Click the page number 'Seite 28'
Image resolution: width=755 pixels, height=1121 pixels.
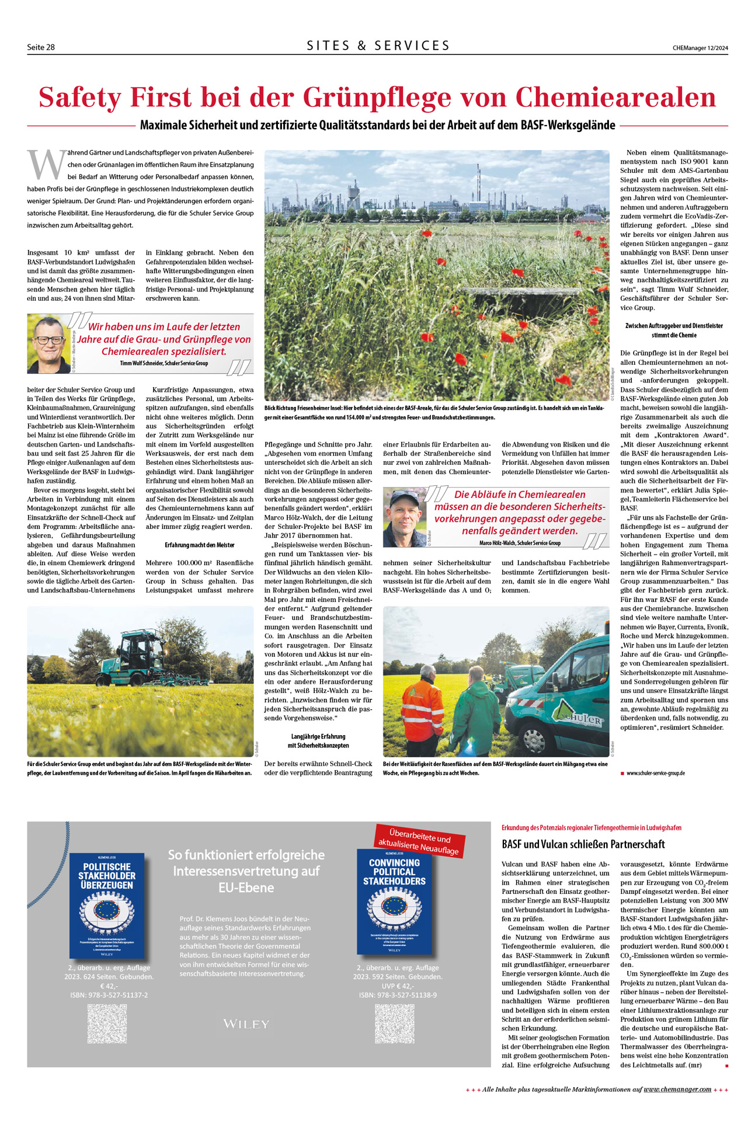click(41, 47)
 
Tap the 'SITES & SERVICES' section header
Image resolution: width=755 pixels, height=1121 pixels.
click(378, 46)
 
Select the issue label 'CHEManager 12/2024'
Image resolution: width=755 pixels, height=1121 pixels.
click(700, 48)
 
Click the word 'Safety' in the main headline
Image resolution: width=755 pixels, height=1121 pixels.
click(79, 97)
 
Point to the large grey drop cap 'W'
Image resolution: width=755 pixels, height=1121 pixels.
click(46, 165)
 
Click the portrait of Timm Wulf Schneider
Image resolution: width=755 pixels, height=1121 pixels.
click(48, 344)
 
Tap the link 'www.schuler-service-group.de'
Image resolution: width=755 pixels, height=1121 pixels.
click(655, 773)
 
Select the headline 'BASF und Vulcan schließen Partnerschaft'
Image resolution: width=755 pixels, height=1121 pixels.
click(583, 844)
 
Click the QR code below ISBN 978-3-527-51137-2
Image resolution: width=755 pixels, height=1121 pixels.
click(107, 1023)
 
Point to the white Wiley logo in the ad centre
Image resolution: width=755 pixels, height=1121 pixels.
click(246, 1024)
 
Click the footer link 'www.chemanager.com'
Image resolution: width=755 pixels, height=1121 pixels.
click(677, 1089)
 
